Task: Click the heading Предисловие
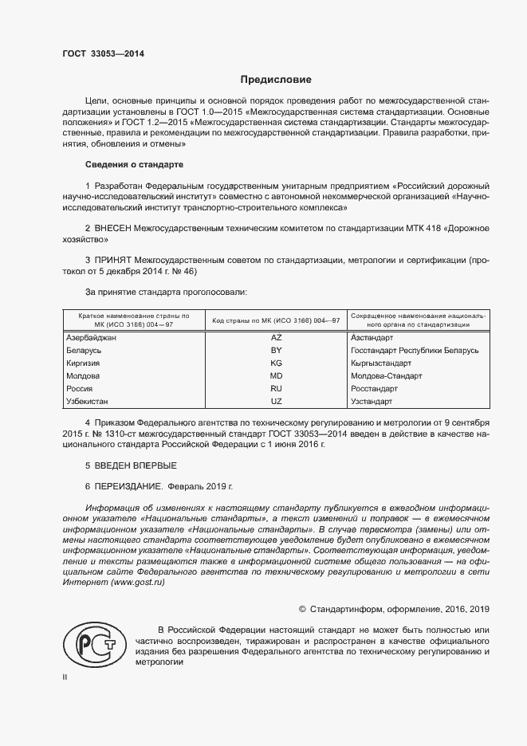point(276,80)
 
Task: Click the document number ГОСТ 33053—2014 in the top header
point(99,55)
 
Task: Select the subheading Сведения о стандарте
point(134,165)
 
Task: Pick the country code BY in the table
point(277,351)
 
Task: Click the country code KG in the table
point(277,363)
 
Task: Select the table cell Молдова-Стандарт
point(386,375)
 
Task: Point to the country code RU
point(277,388)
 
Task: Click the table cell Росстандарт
point(376,388)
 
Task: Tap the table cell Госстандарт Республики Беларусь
point(414,351)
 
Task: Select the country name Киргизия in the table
point(85,363)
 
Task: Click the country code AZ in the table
point(277,338)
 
